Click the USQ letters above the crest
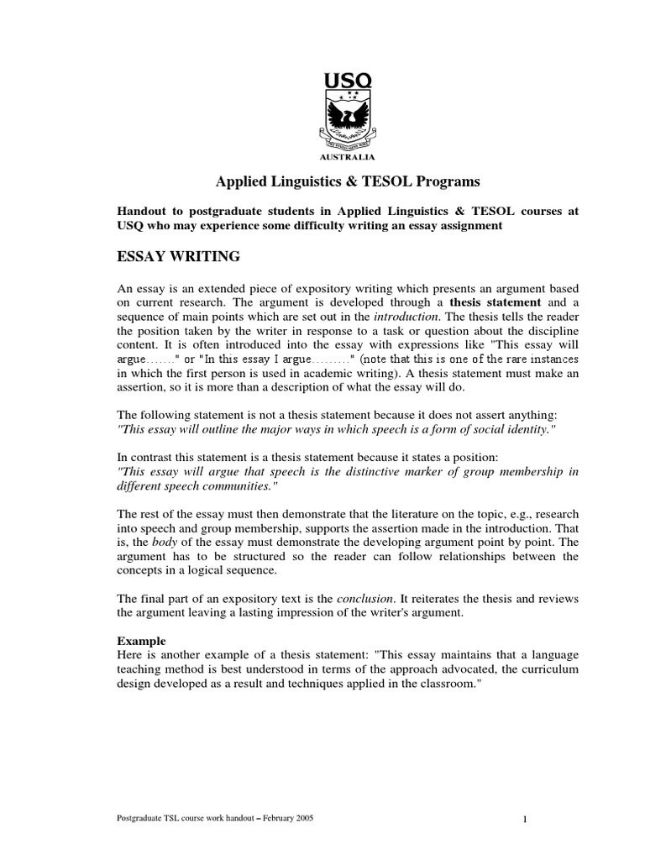348,81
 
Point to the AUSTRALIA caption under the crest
348,156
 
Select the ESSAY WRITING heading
178,256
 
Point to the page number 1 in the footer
523,821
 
